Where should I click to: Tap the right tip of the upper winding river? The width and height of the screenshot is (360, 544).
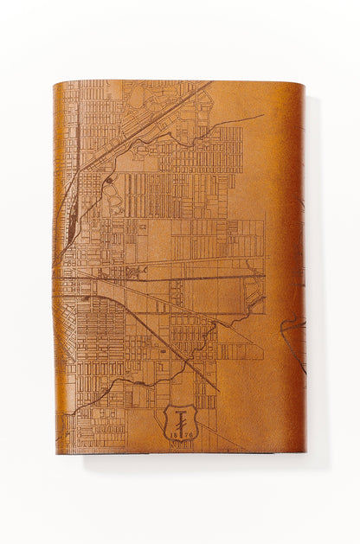[262, 115]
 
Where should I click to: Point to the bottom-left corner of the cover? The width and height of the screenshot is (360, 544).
[56, 452]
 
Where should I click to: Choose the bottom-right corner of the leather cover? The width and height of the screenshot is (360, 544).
[304, 451]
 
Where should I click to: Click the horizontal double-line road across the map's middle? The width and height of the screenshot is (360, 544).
[173, 278]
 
